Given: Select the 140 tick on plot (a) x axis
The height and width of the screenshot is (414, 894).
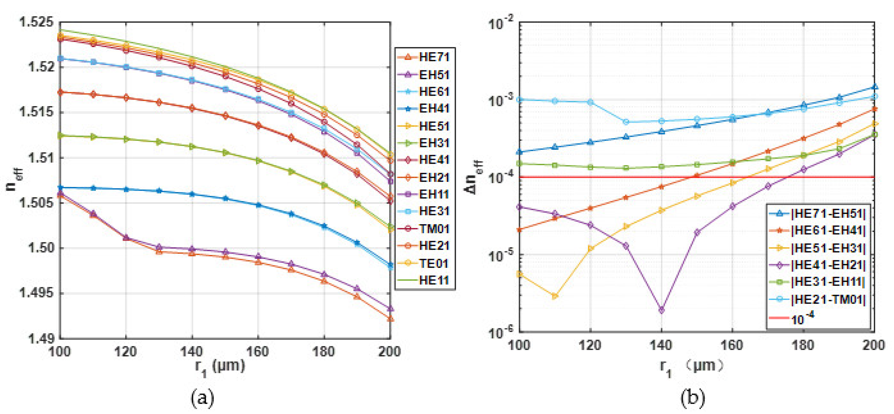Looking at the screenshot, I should click(192, 352).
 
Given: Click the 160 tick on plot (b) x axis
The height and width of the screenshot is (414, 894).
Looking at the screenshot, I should click(732, 345).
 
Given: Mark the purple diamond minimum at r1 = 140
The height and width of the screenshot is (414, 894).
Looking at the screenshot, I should click(662, 310).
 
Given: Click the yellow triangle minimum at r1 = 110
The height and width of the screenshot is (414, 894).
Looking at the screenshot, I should click(555, 296).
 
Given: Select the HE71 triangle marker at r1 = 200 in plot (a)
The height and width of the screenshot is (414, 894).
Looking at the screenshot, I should click(390, 318).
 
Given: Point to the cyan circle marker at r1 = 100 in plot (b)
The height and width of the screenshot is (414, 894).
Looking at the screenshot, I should click(519, 100).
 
